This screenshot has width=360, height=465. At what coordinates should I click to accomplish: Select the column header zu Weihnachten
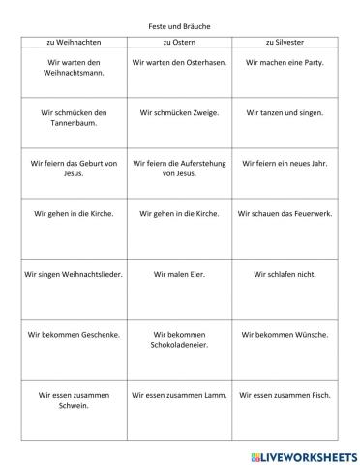click(x=74, y=43)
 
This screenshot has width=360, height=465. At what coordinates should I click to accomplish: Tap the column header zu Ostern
click(x=179, y=43)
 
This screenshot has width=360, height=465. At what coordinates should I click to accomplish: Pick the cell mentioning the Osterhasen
click(x=179, y=63)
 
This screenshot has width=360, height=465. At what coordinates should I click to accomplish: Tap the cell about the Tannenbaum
click(x=74, y=118)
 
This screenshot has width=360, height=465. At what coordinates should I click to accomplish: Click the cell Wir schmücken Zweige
click(x=179, y=113)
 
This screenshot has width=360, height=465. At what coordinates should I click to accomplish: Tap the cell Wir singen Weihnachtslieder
click(x=74, y=274)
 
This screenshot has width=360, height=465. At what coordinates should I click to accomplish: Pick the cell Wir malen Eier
click(x=179, y=274)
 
